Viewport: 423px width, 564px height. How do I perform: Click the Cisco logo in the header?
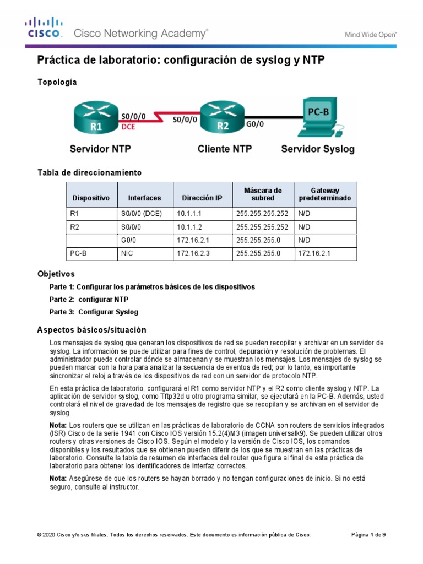[x=44, y=28]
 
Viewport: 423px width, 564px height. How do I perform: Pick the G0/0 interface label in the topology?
[x=254, y=124]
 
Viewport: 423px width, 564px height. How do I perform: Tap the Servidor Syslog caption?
[x=318, y=149]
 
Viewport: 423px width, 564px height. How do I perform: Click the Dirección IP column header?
[x=199, y=197]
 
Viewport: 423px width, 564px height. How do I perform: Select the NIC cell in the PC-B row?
[x=127, y=253]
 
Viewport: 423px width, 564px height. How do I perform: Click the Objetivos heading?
[x=56, y=274]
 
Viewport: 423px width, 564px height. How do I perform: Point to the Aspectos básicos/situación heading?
[x=91, y=330]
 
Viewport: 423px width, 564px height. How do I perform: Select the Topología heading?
[x=57, y=82]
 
